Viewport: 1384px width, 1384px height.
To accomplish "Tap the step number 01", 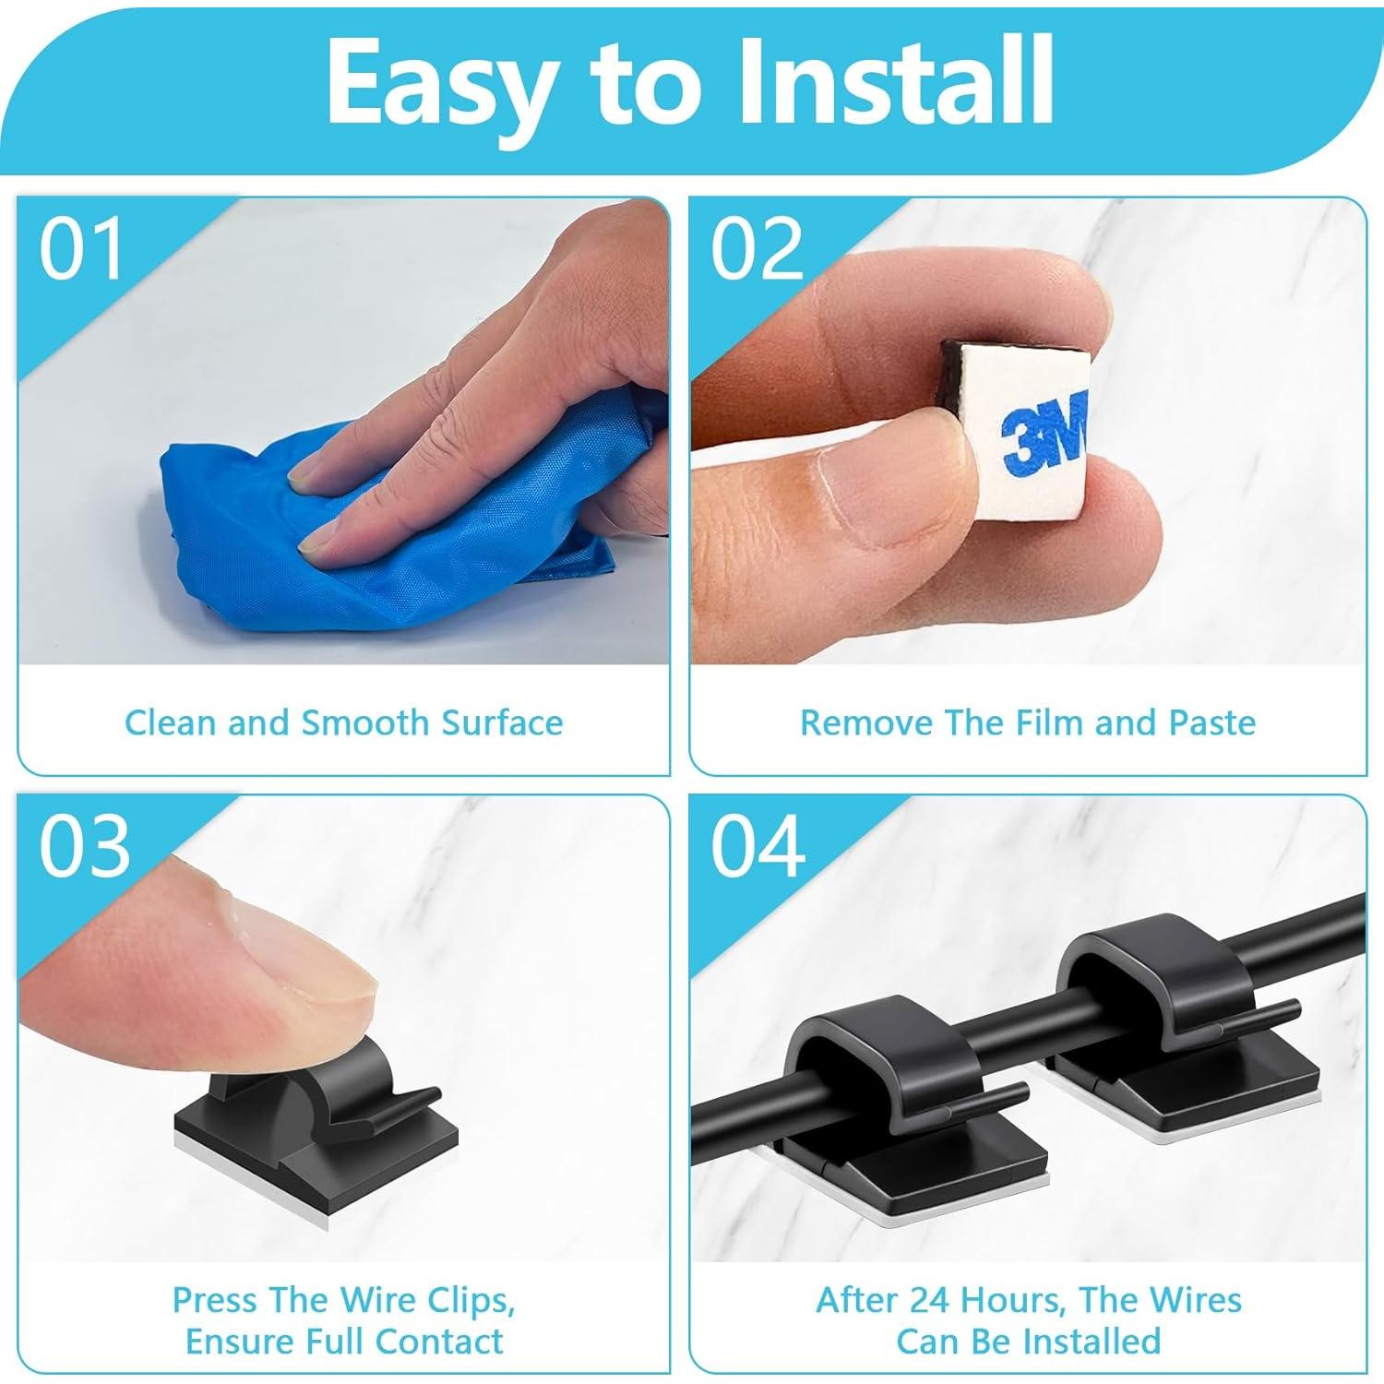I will tap(81, 250).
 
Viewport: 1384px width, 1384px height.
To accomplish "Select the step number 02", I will tap(757, 250).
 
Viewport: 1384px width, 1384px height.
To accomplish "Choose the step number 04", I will tap(757, 846).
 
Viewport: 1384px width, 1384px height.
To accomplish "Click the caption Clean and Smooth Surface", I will tap(343, 722).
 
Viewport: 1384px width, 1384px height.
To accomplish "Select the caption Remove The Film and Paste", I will tap(1027, 722).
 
